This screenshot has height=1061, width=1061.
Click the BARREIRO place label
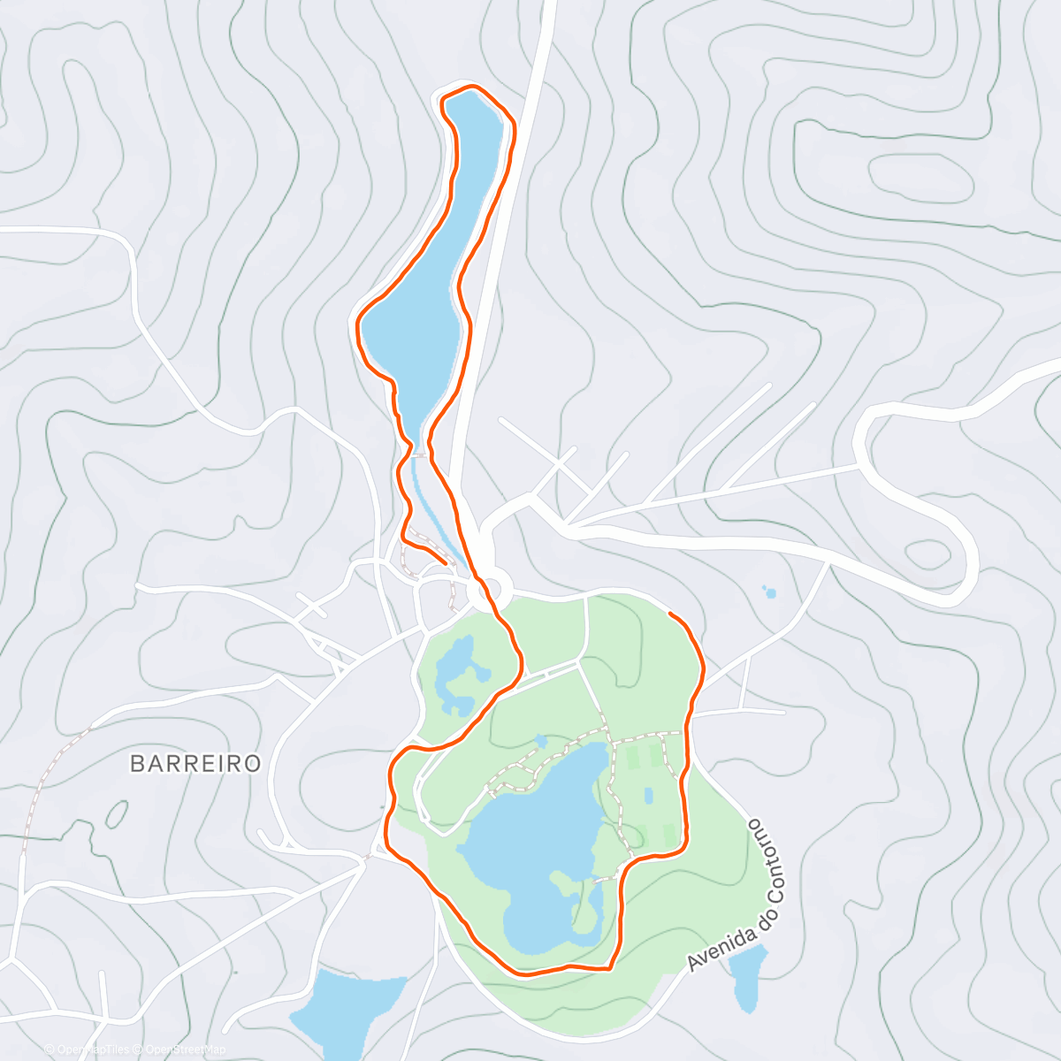195,763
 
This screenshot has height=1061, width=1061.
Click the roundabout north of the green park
490,589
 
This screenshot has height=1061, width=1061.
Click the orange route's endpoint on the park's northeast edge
671,613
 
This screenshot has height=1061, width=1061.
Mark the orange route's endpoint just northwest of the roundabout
445,561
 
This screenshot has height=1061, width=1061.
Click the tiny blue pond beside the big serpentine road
769,592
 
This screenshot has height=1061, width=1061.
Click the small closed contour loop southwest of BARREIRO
116,813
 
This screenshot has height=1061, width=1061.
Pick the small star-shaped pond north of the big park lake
540,740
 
